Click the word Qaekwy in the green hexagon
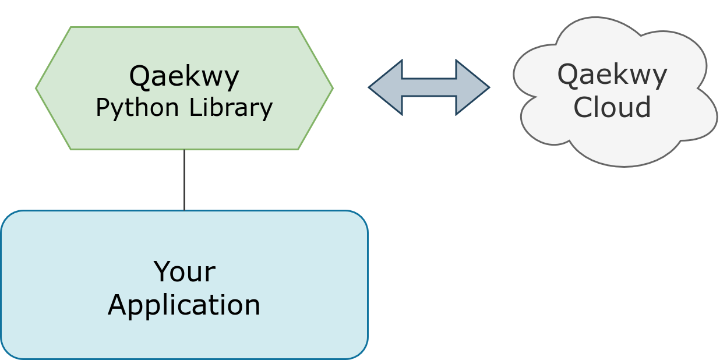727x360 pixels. coord(184,76)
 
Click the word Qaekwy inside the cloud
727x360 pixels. coord(612,75)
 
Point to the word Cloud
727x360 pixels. coord(612,108)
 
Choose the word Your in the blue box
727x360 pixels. coord(184,272)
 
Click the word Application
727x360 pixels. coord(184,305)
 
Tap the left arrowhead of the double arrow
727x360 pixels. coord(385,87)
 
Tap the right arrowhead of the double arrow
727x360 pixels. coord(472,87)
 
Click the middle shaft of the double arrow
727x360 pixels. coord(429,87)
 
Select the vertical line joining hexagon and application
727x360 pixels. coord(184,179)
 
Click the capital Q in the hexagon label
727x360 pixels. coord(140,76)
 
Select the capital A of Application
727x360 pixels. coord(119,305)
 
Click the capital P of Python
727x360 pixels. coord(101,107)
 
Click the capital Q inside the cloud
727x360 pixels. coord(568,75)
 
